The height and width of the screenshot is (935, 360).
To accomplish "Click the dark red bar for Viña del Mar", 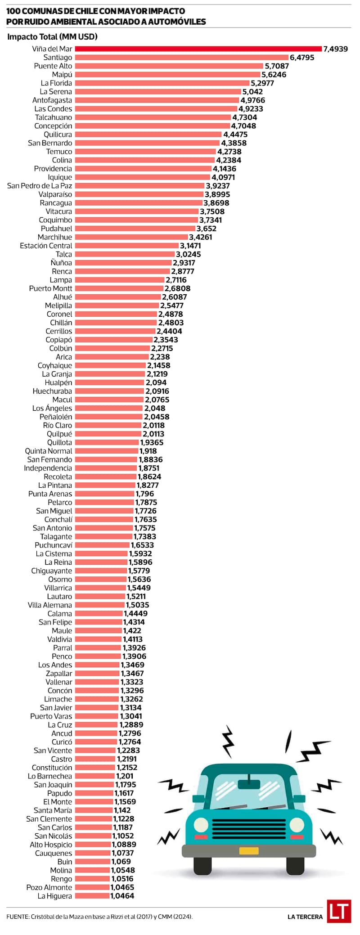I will pos(198,49).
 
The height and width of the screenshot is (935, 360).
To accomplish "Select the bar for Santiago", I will pos(181,57).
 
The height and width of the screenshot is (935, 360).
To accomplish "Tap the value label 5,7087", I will pos(277,66).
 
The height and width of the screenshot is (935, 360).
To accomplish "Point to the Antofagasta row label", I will pos(52,100).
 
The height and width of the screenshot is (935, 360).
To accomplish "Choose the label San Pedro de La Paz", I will pos(40,186).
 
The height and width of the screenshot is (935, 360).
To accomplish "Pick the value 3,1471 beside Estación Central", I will pos(190,246).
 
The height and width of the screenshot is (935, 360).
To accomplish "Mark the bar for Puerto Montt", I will pos(119,288).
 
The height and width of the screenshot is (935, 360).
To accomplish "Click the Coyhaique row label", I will pos(55,365).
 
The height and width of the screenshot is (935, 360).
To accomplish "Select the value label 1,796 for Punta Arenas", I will pos(145,494).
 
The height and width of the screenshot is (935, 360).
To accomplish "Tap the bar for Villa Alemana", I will pos(99,605).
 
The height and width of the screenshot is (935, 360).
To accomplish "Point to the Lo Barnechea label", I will pos(50,776).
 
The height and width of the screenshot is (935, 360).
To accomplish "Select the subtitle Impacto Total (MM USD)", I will pos(52,37).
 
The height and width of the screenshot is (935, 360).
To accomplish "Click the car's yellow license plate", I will pos(249,851).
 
